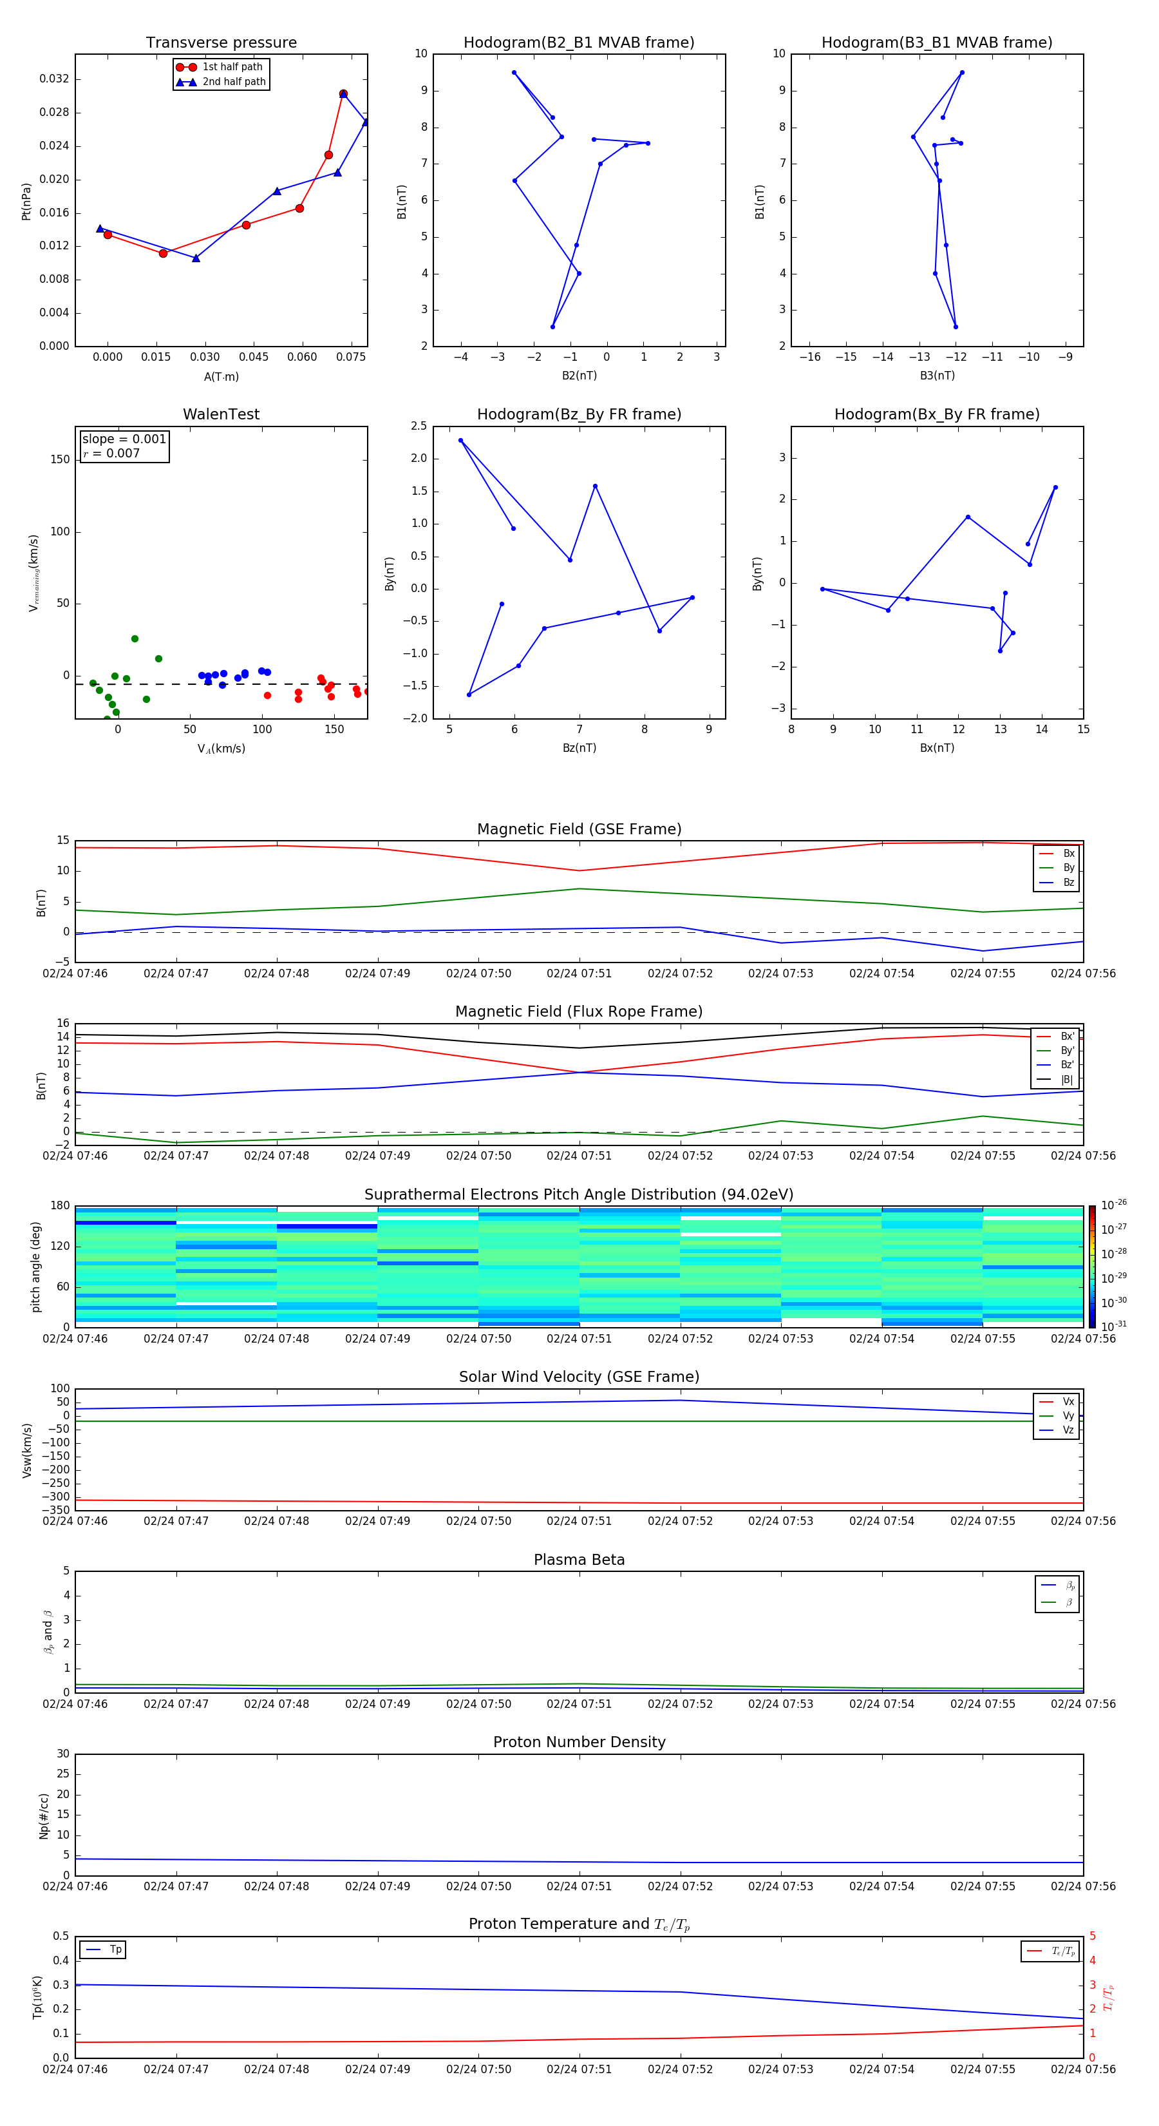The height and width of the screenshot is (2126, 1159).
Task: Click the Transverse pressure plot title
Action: pos(221,43)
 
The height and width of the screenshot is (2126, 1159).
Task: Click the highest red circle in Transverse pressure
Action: pos(343,94)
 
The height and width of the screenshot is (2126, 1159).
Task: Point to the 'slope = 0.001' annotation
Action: pos(124,439)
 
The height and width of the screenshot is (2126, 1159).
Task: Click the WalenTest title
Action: pos(221,414)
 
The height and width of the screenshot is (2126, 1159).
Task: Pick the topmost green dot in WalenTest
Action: pos(135,639)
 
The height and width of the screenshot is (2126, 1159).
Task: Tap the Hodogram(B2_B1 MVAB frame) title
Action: pos(578,43)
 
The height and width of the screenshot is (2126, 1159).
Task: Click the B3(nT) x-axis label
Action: pos(937,376)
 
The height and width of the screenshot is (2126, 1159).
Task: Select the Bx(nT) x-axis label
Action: pos(937,748)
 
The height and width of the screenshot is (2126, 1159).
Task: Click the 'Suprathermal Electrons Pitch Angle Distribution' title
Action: pos(578,1194)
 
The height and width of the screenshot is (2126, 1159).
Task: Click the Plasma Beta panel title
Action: pos(578,1560)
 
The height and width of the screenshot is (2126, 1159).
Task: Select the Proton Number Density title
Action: pos(578,1742)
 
